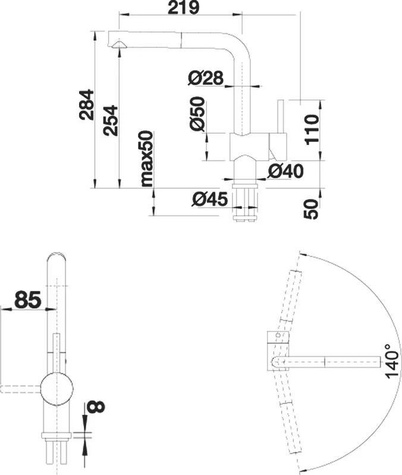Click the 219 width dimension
(184, 8)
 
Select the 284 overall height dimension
(86, 104)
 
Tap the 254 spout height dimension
(110, 120)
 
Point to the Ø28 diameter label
(206, 78)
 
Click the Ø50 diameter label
(197, 113)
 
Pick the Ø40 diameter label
(285, 171)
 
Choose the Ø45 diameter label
(210, 199)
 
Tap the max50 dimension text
(147, 159)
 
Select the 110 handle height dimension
(312, 129)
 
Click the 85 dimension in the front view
(28, 299)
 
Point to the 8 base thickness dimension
(96, 407)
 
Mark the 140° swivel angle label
(392, 361)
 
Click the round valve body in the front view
(57, 389)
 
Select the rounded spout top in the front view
(56, 258)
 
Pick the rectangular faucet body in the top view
(278, 351)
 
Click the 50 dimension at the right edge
(311, 210)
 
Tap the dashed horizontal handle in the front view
(21, 389)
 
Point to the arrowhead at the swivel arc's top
(302, 254)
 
